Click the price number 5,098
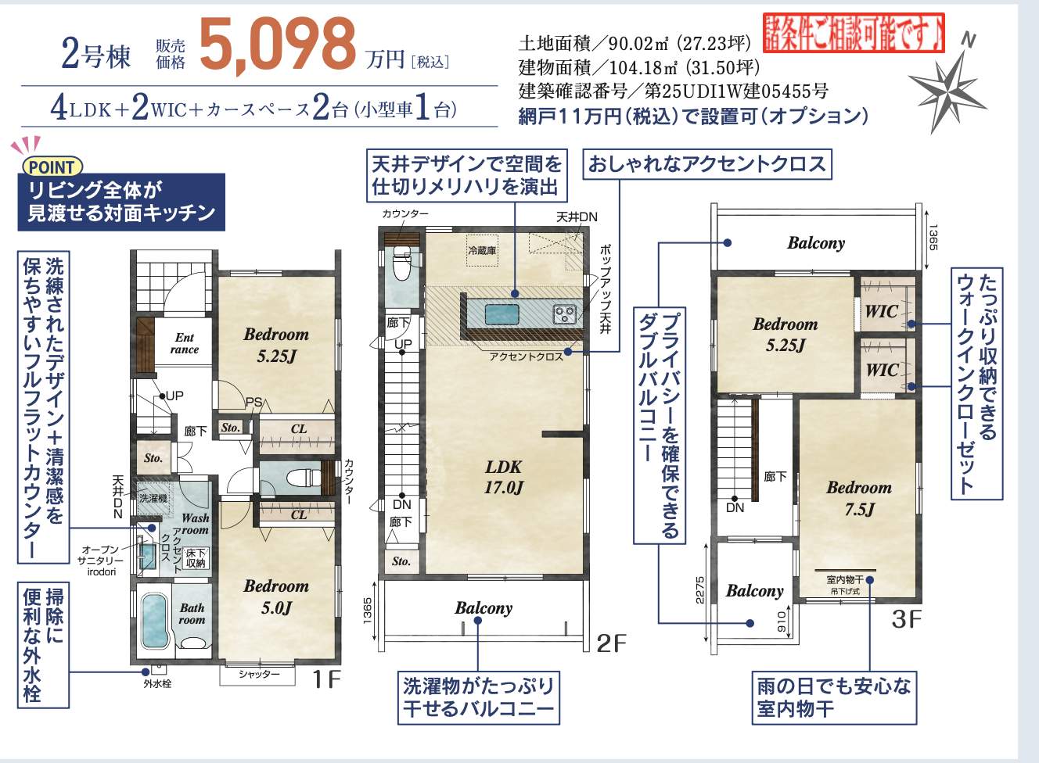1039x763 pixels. coord(278,45)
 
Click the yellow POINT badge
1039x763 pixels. coord(52,167)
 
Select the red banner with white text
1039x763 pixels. coord(854,34)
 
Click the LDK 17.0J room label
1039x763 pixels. coord(503,477)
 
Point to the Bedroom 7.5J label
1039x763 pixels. coord(858,498)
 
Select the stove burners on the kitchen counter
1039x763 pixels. coord(564,314)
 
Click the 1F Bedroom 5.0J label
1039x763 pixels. coord(275,596)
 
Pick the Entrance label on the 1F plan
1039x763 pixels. coord(185,343)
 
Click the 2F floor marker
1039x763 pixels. coord(611,643)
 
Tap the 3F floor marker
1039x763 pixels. coord(906,619)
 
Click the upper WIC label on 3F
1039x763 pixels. coord(880,311)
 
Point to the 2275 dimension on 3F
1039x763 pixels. coord(700,589)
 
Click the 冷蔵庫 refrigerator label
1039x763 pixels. coord(482,250)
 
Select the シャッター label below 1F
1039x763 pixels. coord(259,674)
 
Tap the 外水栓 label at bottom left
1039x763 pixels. coord(156,683)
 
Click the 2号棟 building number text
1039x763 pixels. coord(95,55)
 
